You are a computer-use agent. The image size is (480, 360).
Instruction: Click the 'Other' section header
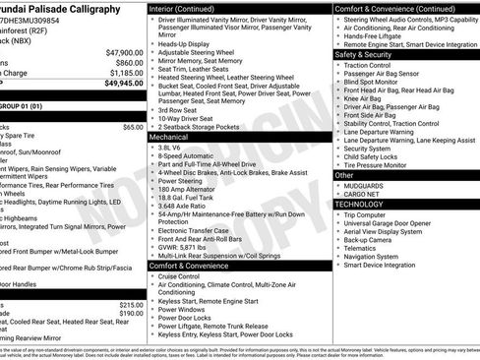click(344, 174)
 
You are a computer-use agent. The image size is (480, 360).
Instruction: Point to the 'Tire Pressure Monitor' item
click(387, 164)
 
